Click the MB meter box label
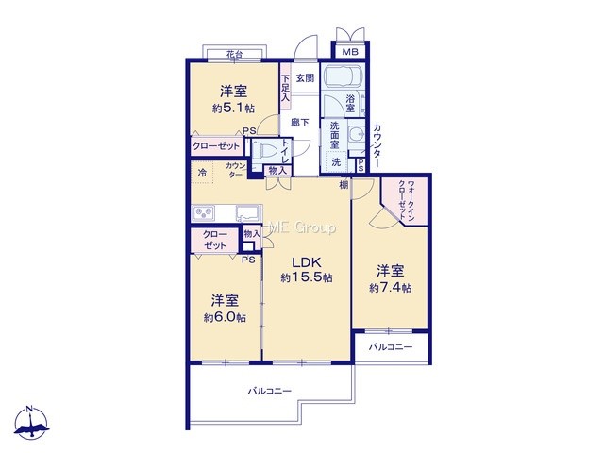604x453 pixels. (x=350, y=52)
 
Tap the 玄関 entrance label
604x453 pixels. (x=305, y=78)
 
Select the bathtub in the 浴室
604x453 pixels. (x=343, y=75)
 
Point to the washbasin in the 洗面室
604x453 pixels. (x=356, y=133)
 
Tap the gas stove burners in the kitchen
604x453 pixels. (x=204, y=213)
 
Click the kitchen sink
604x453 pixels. (x=248, y=212)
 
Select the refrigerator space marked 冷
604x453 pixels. (x=202, y=173)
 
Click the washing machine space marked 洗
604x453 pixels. (x=336, y=162)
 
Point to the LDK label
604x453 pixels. (x=307, y=262)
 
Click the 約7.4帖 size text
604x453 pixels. (x=390, y=288)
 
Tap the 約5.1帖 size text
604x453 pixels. (x=233, y=109)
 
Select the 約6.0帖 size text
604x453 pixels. (x=225, y=317)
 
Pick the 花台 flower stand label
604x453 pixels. (x=234, y=55)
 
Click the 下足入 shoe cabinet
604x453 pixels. (x=285, y=88)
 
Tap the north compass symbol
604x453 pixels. (x=31, y=423)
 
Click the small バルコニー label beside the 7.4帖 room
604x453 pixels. (x=391, y=347)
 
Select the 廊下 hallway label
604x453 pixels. (x=300, y=123)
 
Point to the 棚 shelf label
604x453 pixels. (x=344, y=185)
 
